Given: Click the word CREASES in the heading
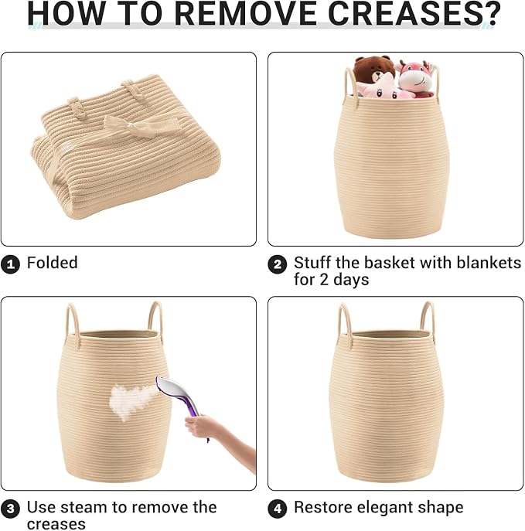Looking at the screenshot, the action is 402,13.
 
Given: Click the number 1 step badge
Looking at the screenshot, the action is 10,264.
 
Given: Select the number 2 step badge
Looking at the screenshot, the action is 278,264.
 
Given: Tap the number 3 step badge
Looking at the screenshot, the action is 10,509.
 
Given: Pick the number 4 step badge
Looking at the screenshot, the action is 278,509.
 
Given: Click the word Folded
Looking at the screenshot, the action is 52,263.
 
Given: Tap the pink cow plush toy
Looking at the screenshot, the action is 416,79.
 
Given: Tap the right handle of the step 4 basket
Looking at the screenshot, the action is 428,320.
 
